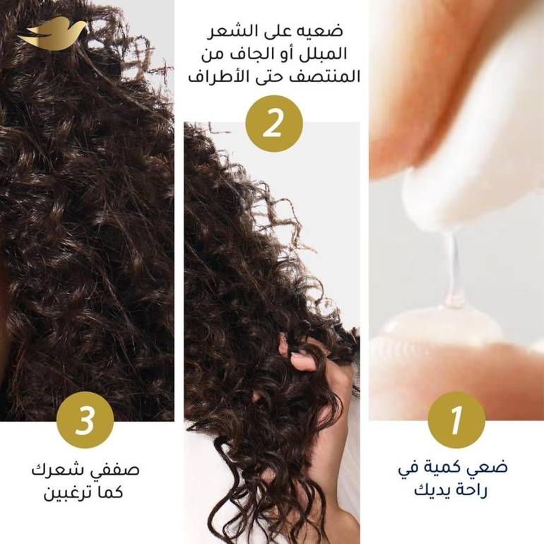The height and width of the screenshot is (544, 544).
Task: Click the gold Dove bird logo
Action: coord(52,34)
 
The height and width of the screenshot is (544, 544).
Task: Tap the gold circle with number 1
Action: coord(456,420)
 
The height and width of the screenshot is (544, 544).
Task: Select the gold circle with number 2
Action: coord(273,124)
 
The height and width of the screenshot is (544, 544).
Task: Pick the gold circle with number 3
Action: coord(85,420)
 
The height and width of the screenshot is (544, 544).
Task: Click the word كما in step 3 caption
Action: coord(110,492)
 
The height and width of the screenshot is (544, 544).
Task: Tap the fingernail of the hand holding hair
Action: coord(297,355)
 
